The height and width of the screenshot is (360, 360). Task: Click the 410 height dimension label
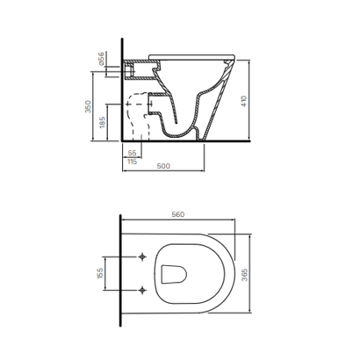pos(244,101)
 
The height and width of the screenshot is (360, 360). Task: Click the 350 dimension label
pos(88,106)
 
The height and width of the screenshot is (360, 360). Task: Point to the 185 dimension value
pos(102,122)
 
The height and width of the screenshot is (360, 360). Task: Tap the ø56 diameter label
pos(101,59)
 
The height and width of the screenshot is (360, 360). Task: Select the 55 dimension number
pos(133,153)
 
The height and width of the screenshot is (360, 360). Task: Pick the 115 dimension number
pos(133,162)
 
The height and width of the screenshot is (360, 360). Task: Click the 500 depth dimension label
pos(163,166)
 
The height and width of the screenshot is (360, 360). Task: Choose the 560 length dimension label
pos(178,214)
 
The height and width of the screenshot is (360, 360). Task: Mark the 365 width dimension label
pos(245,275)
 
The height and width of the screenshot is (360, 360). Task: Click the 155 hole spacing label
pos(100,273)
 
